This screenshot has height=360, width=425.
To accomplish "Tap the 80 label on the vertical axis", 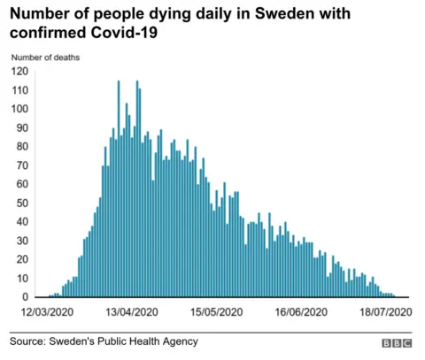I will (19, 147).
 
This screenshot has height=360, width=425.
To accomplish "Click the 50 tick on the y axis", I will (19, 203).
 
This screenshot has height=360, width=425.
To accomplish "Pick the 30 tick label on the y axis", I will (19, 241).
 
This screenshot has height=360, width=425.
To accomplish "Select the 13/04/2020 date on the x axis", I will (130, 312).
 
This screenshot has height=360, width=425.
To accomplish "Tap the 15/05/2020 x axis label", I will (215, 312).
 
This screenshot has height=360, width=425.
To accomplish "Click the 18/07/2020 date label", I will (384, 312).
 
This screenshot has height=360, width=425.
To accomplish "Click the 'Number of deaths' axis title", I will (45, 57).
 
